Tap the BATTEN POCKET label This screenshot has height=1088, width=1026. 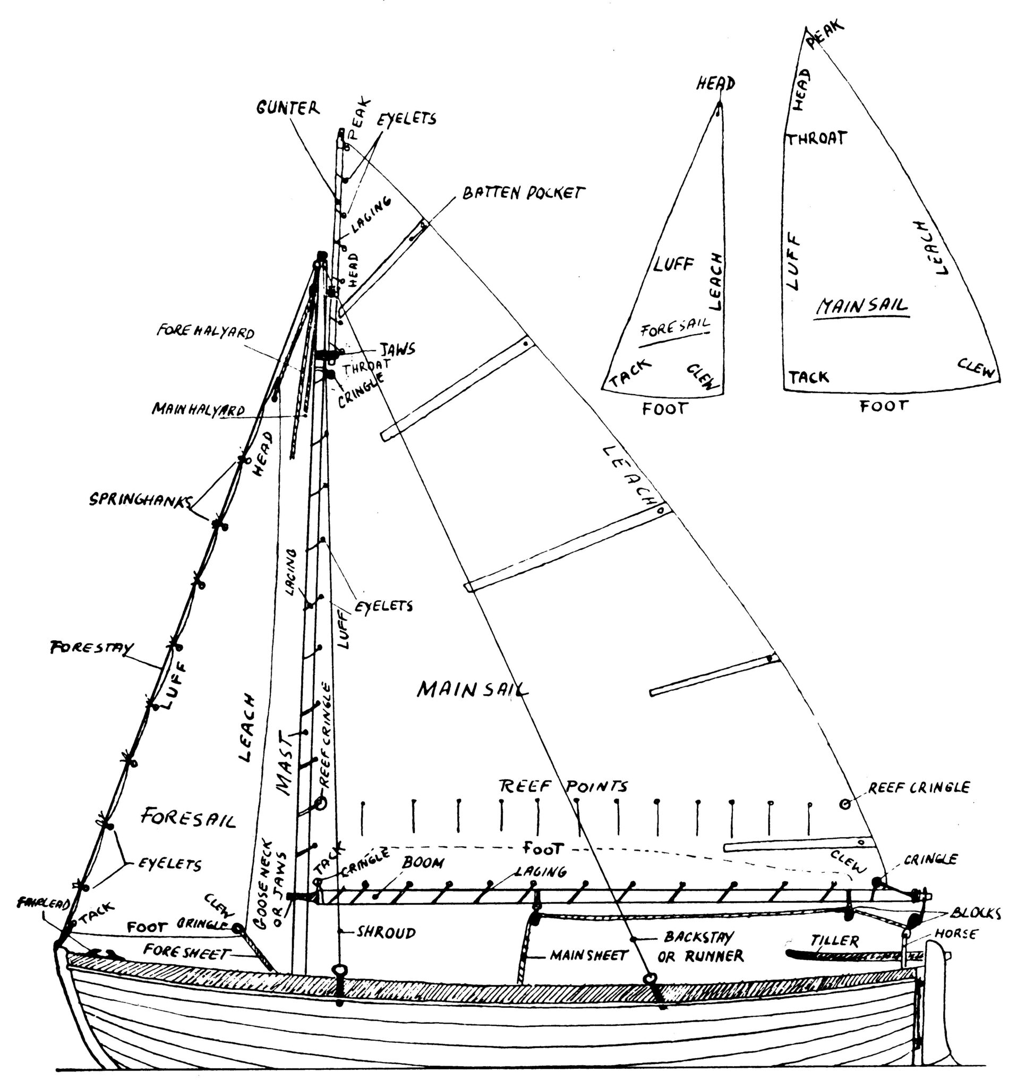click(523, 193)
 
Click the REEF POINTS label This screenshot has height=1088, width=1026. click(563, 786)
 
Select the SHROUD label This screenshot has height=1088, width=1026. click(386, 932)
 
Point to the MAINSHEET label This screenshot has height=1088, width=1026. click(589, 956)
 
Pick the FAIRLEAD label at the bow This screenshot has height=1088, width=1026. click(42, 902)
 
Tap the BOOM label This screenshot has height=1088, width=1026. click(423, 863)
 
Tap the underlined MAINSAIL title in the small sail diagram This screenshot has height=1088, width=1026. click(862, 307)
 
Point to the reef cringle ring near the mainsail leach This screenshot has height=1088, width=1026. click(845, 804)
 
